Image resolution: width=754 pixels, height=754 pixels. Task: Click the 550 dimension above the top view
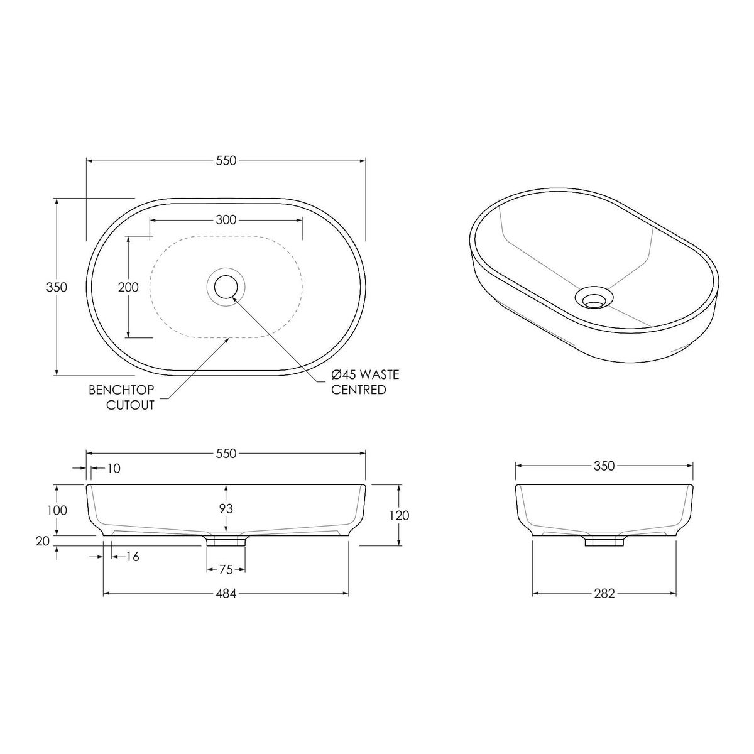pyautogui.click(x=226, y=161)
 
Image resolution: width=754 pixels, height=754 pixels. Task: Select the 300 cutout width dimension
pyautogui.click(x=226, y=220)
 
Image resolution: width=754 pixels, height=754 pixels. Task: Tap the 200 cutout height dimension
pyautogui.click(x=128, y=287)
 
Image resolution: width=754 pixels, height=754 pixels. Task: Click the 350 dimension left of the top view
pyautogui.click(x=57, y=287)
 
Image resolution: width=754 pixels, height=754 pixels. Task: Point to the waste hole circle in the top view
pyautogui.click(x=226, y=287)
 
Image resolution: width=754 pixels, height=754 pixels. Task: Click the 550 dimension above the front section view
pyautogui.click(x=226, y=453)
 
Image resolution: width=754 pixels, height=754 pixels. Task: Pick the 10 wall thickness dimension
pyautogui.click(x=114, y=468)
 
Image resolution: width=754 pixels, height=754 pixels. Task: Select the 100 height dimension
pyautogui.click(x=57, y=510)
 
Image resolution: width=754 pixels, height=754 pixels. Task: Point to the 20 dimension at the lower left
pyautogui.click(x=43, y=541)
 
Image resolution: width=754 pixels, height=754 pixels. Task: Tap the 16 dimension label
pyautogui.click(x=132, y=556)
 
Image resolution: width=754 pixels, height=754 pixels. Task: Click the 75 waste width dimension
pyautogui.click(x=226, y=569)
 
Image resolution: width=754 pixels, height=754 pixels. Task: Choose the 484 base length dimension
pyautogui.click(x=226, y=593)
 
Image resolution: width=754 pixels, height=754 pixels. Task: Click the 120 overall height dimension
pyautogui.click(x=399, y=515)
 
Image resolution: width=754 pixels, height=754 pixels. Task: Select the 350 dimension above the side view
pyautogui.click(x=604, y=466)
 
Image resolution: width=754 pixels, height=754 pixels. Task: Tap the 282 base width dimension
pyautogui.click(x=604, y=593)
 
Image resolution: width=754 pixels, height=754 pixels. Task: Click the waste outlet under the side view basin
pyautogui.click(x=604, y=541)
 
